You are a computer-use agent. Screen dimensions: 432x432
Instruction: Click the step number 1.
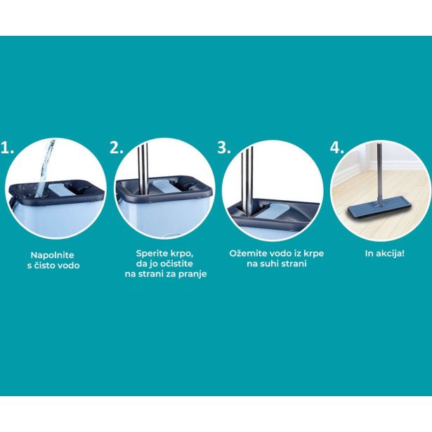click(x=6, y=148)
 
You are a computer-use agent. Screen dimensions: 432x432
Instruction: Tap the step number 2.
click(x=117, y=148)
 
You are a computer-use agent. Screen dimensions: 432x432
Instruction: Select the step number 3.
click(x=223, y=148)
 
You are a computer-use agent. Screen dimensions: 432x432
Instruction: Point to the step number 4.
click(x=336, y=148)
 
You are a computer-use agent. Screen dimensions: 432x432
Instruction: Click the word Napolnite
click(x=53, y=255)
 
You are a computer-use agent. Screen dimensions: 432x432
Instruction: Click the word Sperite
click(x=152, y=254)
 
